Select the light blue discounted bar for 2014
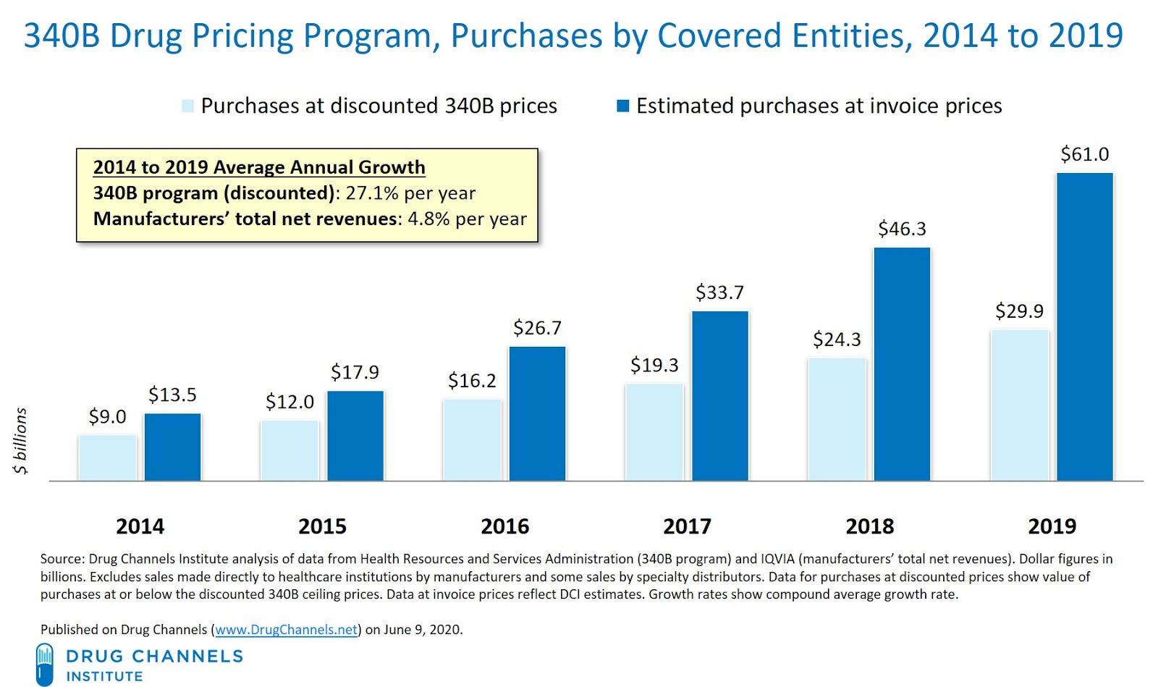pos(107,458)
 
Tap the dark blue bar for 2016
pos(537,413)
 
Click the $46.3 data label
pos(902,229)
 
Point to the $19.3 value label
pos(654,365)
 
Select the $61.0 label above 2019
pos(1084,154)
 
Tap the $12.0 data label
pos(289,402)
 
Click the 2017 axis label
pos(687,526)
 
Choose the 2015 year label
pos(322,526)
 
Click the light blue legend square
pos(188,106)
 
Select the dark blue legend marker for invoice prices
pos(622,106)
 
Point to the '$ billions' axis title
pos(20,440)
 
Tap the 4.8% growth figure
pos(428,219)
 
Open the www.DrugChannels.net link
pos(287,630)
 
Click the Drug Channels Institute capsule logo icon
pos(45,664)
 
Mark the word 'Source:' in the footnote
pos(62,559)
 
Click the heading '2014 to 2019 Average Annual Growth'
pos(259,167)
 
